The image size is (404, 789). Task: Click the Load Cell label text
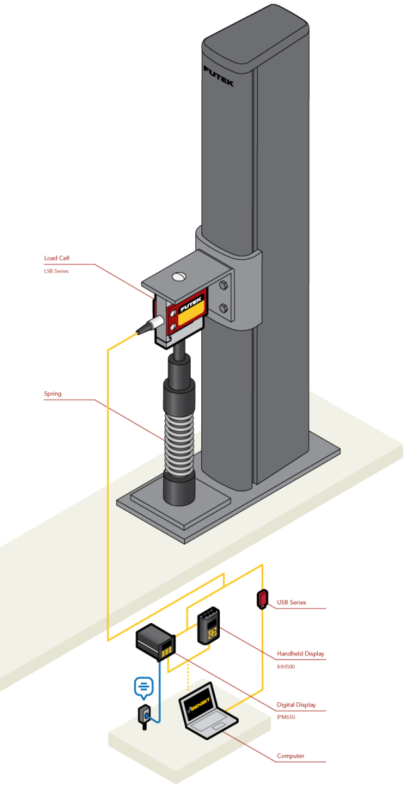(x=56, y=258)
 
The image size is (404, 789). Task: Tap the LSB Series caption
(x=56, y=271)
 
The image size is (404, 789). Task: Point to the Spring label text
(x=53, y=394)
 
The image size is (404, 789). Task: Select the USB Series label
(x=291, y=602)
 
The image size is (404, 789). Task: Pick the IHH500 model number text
(x=286, y=666)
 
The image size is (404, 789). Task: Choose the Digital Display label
(x=296, y=705)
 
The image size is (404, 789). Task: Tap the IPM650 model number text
(x=286, y=717)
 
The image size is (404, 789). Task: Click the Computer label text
(x=291, y=756)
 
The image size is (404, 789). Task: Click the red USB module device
(x=263, y=598)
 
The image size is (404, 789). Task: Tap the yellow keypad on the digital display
(x=168, y=647)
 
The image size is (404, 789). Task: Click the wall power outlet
(x=145, y=715)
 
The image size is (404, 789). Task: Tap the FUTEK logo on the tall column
(x=218, y=76)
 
